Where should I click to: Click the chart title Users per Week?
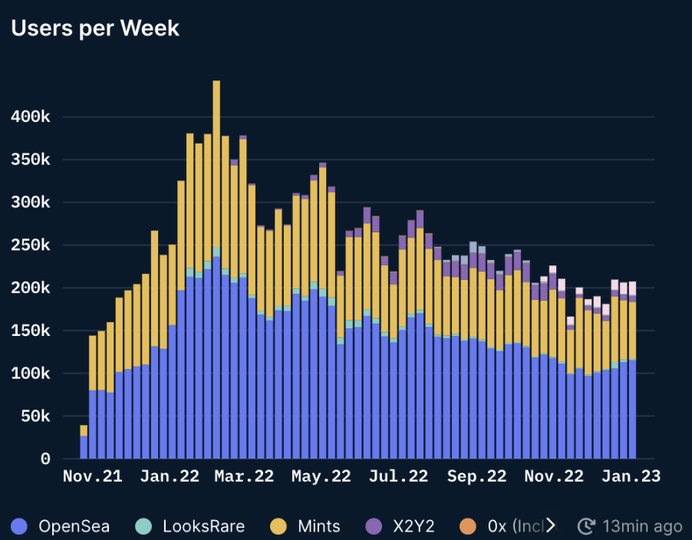pyautogui.click(x=95, y=28)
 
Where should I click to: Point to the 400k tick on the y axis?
pyautogui.click(x=31, y=117)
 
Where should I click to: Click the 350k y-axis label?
pyautogui.click(x=31, y=160)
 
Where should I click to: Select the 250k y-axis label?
pyautogui.click(x=31, y=245)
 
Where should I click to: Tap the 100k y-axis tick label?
pyautogui.click(x=31, y=374)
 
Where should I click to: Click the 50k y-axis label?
pyautogui.click(x=35, y=417)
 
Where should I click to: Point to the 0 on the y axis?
pyautogui.click(x=45, y=459)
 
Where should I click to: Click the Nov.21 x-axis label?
pyautogui.click(x=92, y=476)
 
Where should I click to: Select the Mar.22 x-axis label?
pyautogui.click(x=244, y=476)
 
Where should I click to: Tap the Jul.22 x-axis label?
pyautogui.click(x=397, y=476)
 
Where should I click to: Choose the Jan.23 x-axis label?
pyautogui.click(x=630, y=476)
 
